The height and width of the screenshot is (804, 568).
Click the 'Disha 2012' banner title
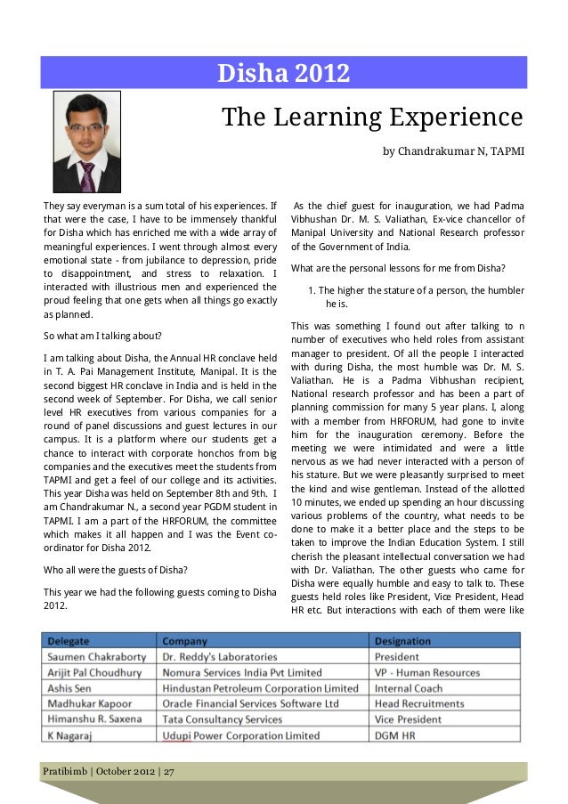284,73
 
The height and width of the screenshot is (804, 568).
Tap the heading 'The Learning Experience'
371,117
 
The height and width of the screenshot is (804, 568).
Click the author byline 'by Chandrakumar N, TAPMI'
453,151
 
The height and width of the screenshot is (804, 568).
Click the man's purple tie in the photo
87,175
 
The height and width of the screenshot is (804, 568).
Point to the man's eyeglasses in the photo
86,128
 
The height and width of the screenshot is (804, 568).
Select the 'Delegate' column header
68,641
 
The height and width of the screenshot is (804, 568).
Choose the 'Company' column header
183,641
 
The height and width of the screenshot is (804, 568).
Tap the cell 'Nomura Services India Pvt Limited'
242,672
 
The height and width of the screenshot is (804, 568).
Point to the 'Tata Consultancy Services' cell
222,719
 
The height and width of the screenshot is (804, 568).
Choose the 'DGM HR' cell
395,735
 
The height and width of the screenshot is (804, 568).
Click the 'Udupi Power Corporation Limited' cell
240,735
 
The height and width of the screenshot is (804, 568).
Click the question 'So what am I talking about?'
102,337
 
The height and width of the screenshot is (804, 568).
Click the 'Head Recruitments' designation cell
419,703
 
